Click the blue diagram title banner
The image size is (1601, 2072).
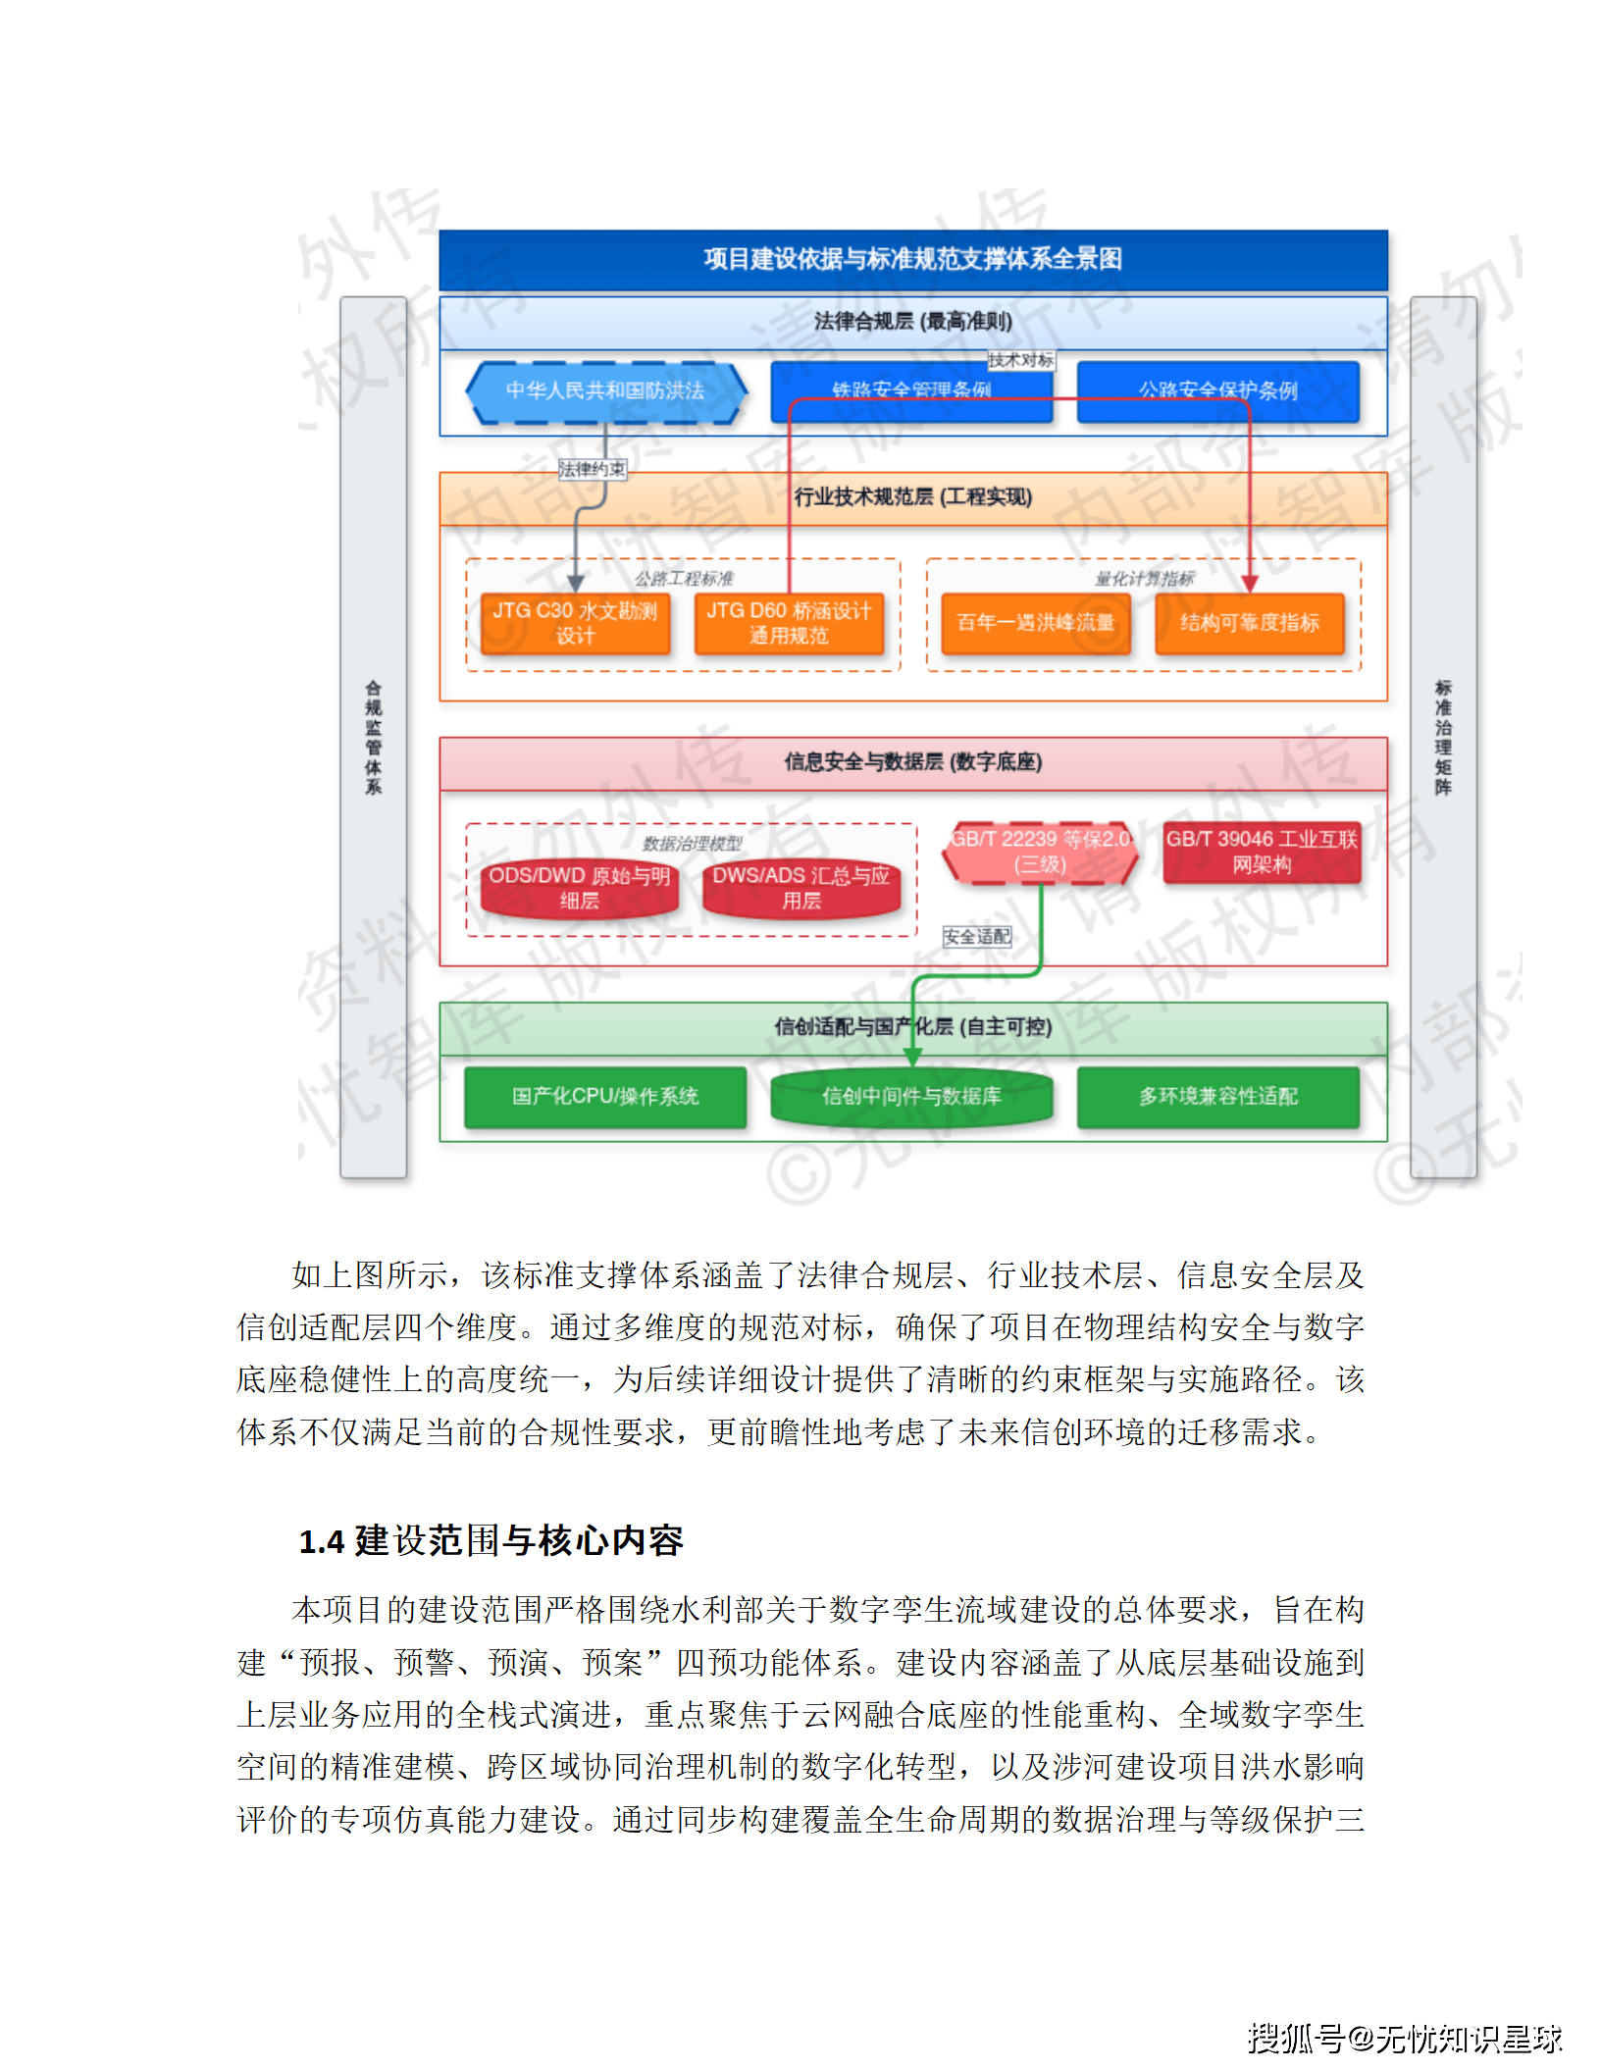point(912,259)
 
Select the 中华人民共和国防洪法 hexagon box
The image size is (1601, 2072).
point(605,391)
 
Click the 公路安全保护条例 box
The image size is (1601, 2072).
point(1217,391)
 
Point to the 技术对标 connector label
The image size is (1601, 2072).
point(1021,360)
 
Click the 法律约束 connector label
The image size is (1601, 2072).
point(593,469)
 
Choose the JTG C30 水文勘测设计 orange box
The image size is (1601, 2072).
point(575,623)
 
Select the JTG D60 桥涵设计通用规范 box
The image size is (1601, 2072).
point(789,623)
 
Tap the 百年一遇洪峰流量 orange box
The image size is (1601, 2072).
point(1035,623)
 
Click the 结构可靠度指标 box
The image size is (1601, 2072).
point(1249,623)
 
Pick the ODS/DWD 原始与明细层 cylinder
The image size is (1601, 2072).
point(579,888)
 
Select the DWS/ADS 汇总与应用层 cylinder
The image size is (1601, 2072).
point(800,888)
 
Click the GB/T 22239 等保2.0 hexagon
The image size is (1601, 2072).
point(1040,852)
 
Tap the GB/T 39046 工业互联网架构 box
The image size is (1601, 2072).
point(1262,852)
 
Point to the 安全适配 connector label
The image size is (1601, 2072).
point(977,937)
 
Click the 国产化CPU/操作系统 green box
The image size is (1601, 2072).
point(605,1097)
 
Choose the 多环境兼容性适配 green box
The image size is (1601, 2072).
point(1217,1097)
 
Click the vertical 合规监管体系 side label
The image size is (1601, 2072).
point(373,737)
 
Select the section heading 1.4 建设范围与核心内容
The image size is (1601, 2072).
point(491,1541)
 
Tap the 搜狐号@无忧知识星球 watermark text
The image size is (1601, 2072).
point(1404,2039)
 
